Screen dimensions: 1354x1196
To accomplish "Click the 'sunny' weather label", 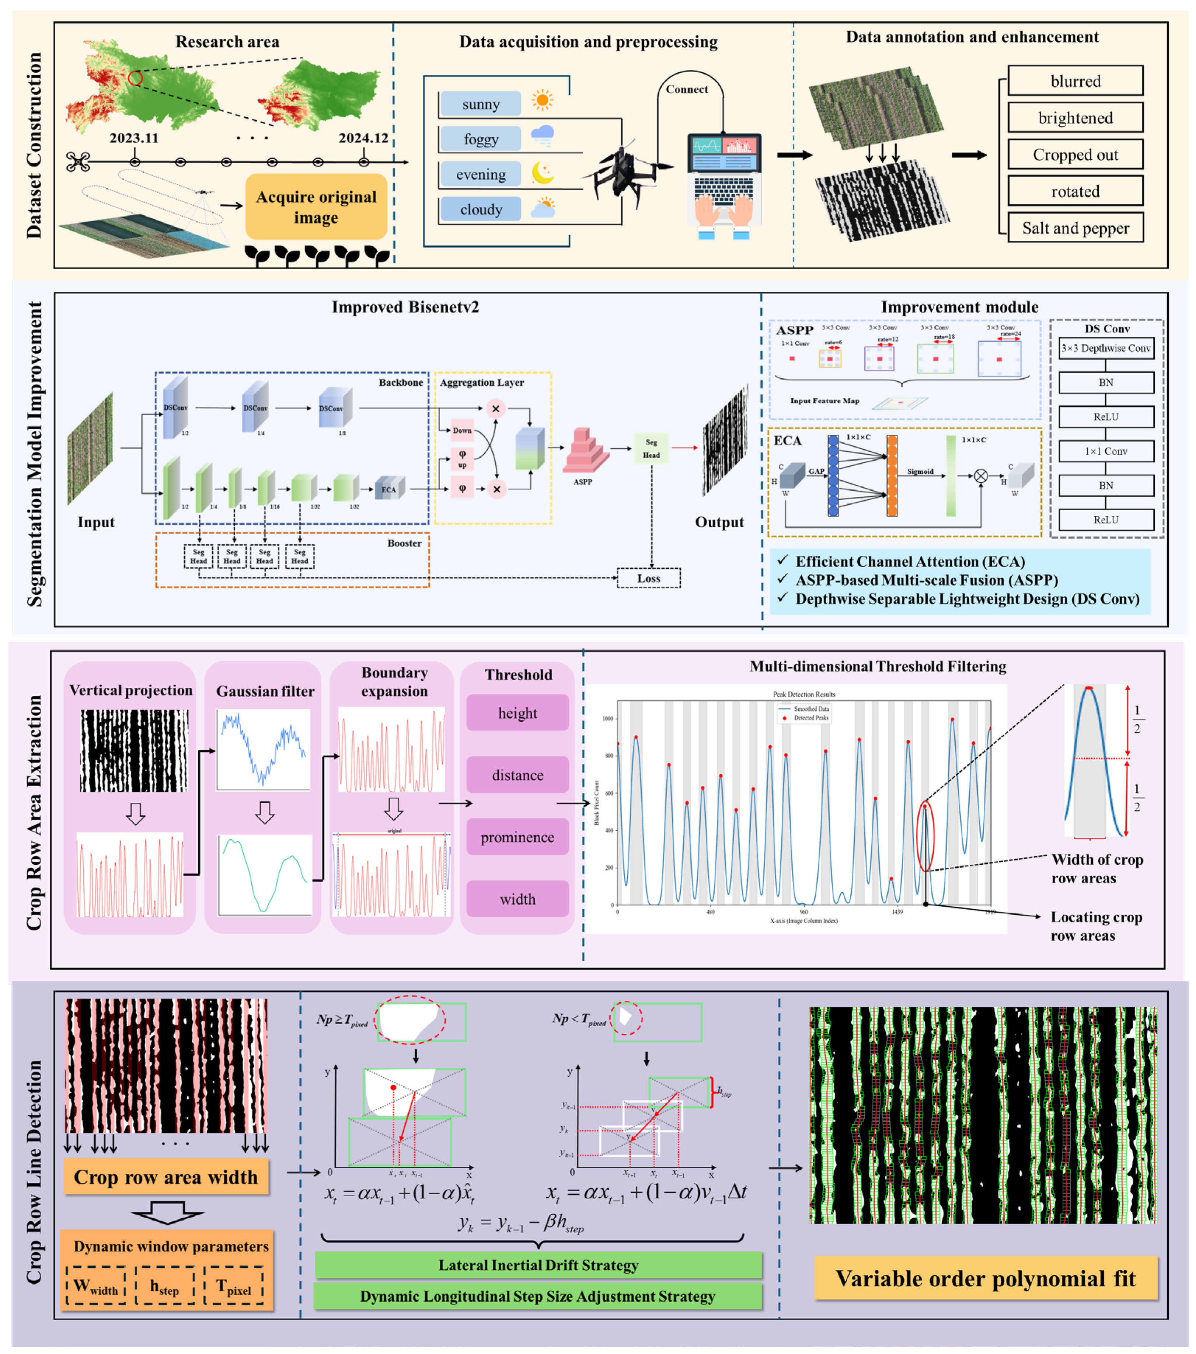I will pyautogui.click(x=480, y=104).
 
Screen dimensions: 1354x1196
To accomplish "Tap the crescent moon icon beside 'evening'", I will pyautogui.click(x=543, y=174).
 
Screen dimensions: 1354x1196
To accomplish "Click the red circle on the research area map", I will pyautogui.click(x=135, y=78).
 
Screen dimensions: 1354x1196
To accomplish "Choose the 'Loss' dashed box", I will pyautogui.click(x=648, y=578).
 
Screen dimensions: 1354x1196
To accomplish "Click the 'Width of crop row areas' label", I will pyautogui.click(x=1096, y=868).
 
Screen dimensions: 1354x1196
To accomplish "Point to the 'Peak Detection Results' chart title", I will pyautogui.click(x=803, y=694).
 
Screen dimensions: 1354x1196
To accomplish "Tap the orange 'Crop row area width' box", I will pyautogui.click(x=165, y=1177).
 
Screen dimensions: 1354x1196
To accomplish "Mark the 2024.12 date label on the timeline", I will pyautogui.click(x=363, y=138).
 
